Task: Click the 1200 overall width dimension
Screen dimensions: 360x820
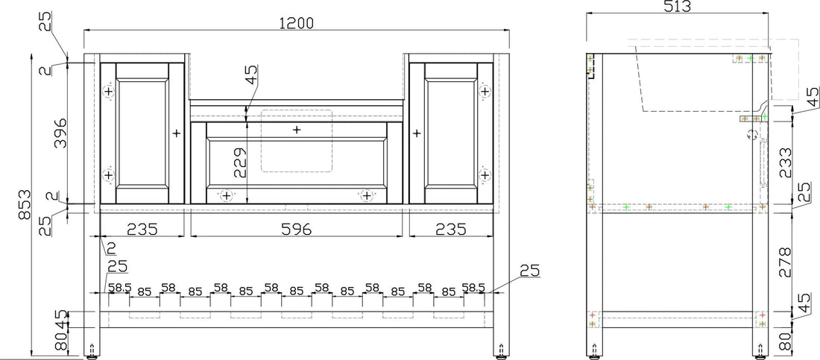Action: click(296, 23)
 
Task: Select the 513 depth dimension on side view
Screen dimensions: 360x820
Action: click(678, 7)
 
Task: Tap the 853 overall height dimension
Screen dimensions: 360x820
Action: click(24, 203)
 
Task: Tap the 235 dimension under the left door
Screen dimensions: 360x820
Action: click(142, 229)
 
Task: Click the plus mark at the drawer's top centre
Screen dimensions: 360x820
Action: click(297, 130)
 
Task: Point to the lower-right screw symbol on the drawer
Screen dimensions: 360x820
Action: click(366, 195)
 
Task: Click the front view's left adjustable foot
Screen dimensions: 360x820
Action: click(92, 351)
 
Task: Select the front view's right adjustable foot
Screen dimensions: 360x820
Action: click(499, 351)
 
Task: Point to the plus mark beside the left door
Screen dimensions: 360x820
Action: click(177, 133)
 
